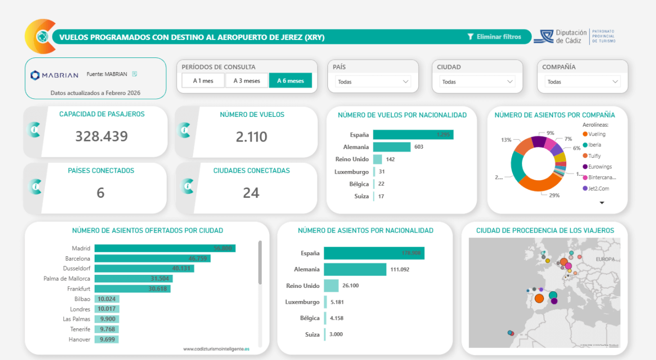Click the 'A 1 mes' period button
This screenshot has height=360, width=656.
point(203,81)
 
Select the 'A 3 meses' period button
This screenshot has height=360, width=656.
point(247,81)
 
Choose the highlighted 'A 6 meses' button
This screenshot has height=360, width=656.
point(290,81)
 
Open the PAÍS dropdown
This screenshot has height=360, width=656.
point(373,82)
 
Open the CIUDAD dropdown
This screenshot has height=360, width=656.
point(477,82)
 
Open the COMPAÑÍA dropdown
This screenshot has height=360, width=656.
point(583,82)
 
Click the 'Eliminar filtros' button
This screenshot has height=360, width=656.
point(494,37)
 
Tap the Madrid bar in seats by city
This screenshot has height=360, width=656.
point(165,249)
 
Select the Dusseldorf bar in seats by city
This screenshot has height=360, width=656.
point(144,269)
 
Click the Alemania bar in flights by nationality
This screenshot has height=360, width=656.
point(391,147)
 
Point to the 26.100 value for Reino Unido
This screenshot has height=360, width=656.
point(353,286)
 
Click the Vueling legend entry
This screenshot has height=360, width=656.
point(597,134)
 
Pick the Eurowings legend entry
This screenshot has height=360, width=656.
point(600,167)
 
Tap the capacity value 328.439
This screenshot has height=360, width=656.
point(102,137)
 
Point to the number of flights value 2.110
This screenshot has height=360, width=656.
point(251,137)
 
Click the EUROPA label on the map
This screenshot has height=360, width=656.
point(605,259)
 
